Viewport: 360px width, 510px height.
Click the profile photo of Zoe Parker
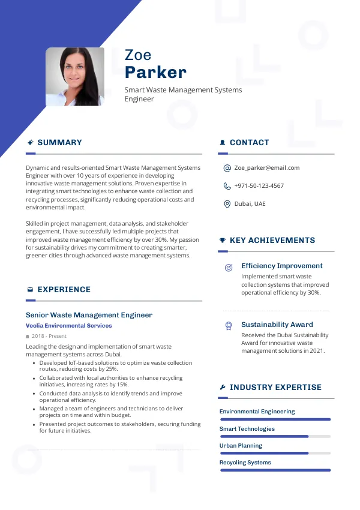[75, 77]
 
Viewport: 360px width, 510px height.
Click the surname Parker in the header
[155, 73]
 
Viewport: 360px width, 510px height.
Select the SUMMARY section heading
[59, 143]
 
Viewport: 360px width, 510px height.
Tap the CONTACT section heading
[249, 143]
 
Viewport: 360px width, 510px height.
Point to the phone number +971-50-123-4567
[259, 186]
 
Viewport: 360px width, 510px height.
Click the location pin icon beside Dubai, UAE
[227, 204]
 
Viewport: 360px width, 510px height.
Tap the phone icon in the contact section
[227, 186]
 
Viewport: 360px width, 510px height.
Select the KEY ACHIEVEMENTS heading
[272, 241]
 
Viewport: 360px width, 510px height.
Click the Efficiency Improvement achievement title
[281, 266]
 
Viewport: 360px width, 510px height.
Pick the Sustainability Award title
[277, 325]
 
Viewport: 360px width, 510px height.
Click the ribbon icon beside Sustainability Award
[228, 326]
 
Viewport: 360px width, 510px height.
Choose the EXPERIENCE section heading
[64, 290]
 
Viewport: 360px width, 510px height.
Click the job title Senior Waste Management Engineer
[89, 315]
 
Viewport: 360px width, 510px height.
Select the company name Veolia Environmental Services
[68, 326]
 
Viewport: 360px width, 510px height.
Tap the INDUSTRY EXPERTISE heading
[275, 388]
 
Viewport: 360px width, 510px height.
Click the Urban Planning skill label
[241, 446]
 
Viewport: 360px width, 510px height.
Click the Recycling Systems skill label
[245, 463]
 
